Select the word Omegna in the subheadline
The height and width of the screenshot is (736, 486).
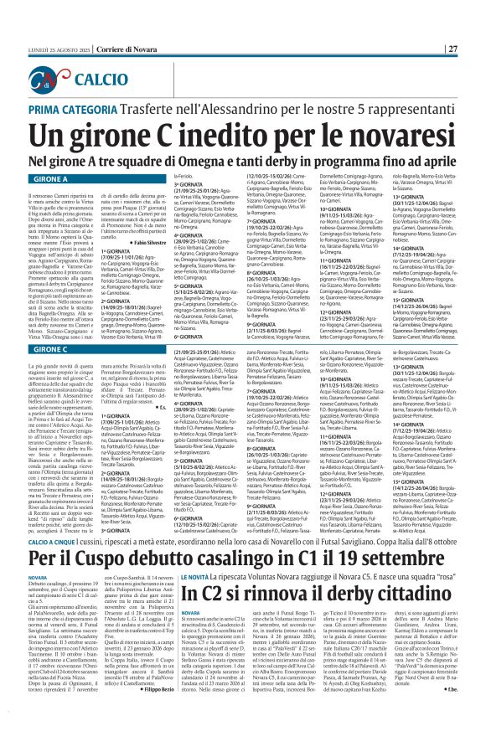click(220, 159)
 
